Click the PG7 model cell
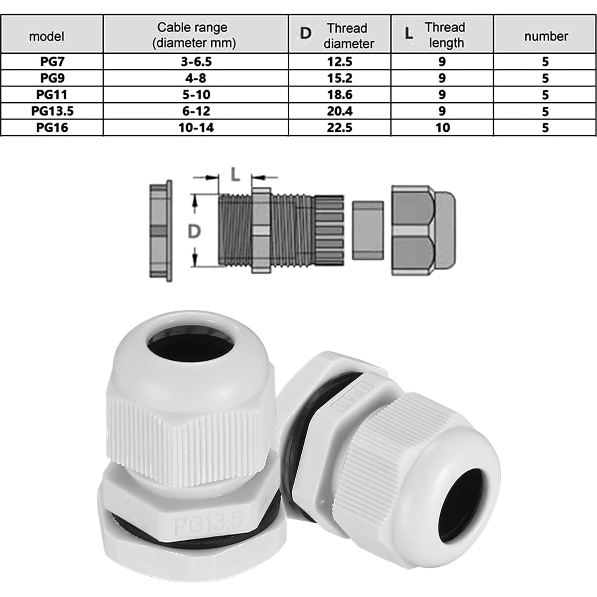(x=52, y=62)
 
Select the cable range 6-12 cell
(x=196, y=111)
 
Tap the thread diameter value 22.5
(x=339, y=128)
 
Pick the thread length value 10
(x=442, y=128)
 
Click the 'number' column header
(x=546, y=36)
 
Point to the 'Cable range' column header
(x=194, y=35)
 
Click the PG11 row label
(x=52, y=95)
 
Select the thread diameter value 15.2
(x=339, y=78)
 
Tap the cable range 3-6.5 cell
(x=196, y=62)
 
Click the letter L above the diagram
(x=235, y=174)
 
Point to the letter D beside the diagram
(x=194, y=231)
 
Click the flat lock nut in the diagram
(x=161, y=231)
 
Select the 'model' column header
(x=47, y=36)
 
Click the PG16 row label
(x=52, y=128)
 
